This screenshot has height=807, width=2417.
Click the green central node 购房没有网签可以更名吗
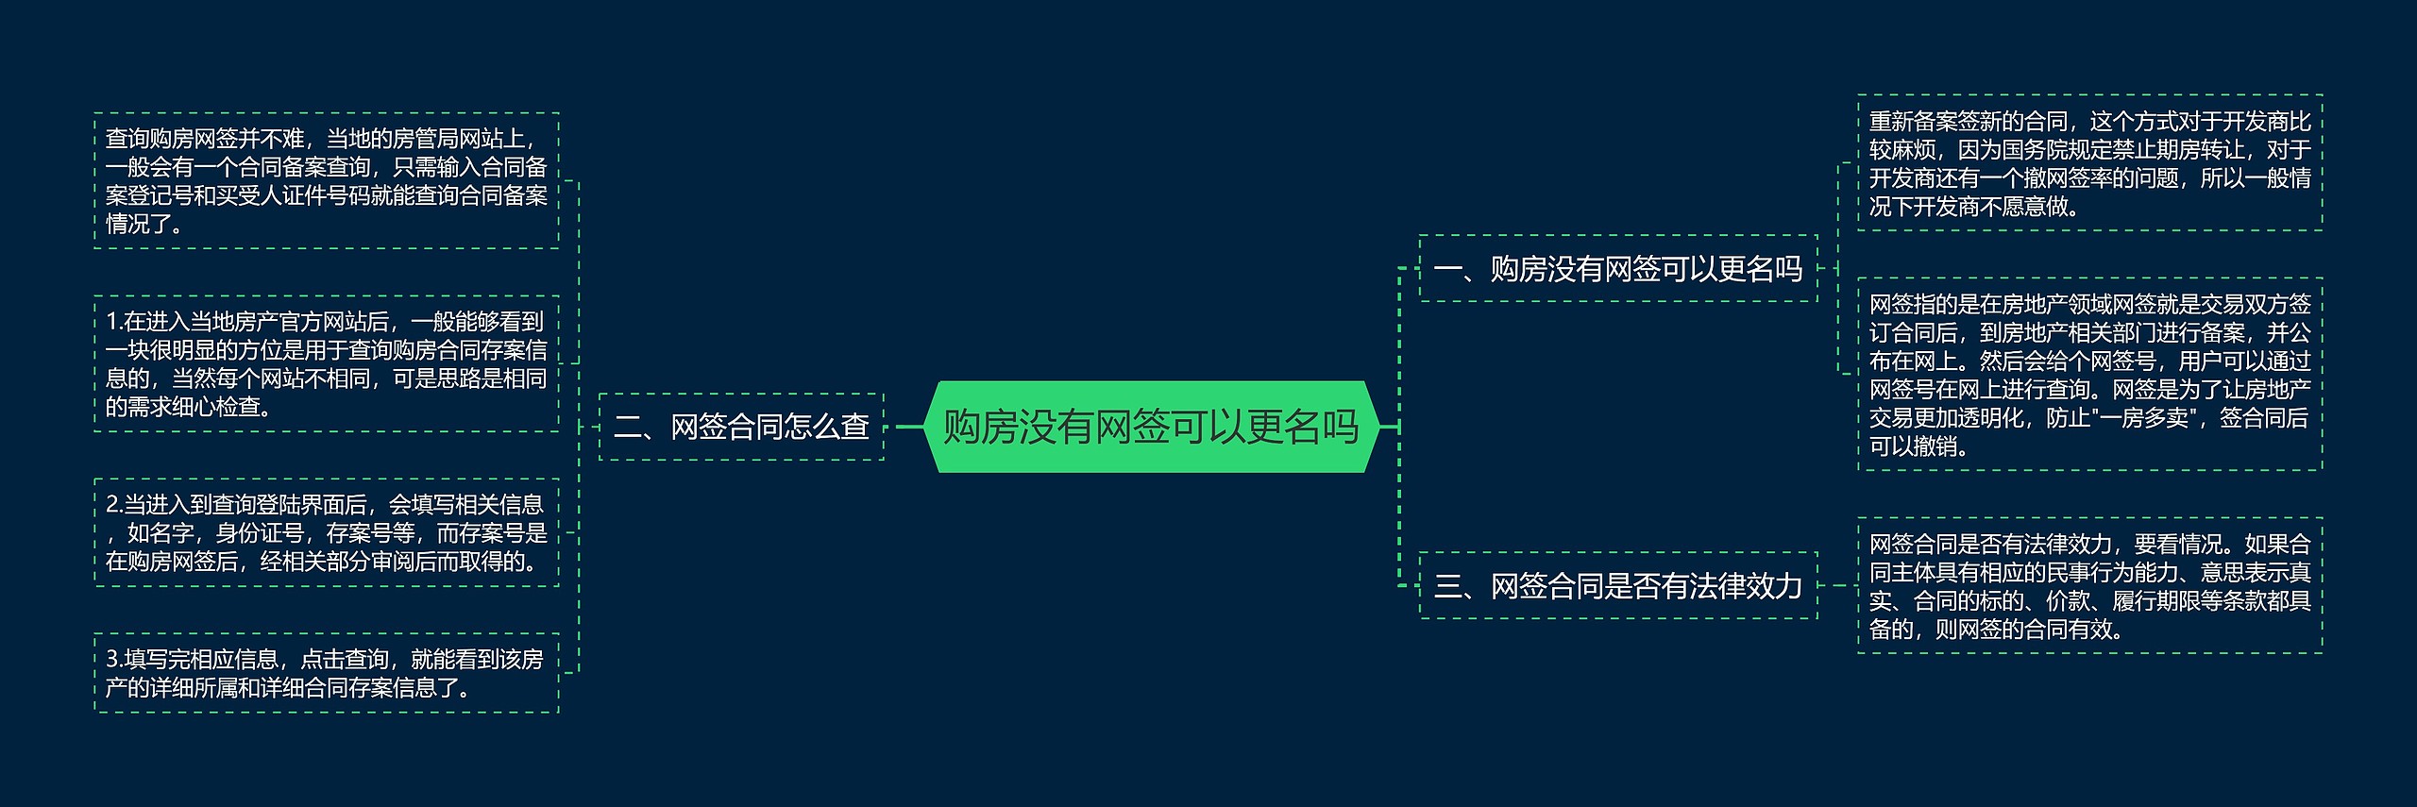pos(1151,427)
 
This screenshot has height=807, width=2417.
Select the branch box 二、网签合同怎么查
pos(741,427)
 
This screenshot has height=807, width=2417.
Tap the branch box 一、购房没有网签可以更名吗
pos(1618,269)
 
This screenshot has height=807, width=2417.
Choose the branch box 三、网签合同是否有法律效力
pos(1618,586)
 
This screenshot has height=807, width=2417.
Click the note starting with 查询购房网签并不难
pos(327,181)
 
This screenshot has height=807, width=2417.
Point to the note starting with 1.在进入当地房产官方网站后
pos(327,364)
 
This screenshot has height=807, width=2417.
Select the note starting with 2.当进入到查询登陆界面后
pos(327,533)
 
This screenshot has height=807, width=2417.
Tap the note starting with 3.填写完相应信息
pos(327,673)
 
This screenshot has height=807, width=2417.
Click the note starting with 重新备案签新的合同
pos(2090,163)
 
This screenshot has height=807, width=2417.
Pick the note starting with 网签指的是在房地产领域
pos(2090,375)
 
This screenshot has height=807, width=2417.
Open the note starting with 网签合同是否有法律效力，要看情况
pos(2090,586)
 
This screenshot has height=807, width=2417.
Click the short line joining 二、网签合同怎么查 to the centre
pos(904,427)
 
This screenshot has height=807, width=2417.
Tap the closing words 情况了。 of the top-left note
pos(144,225)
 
